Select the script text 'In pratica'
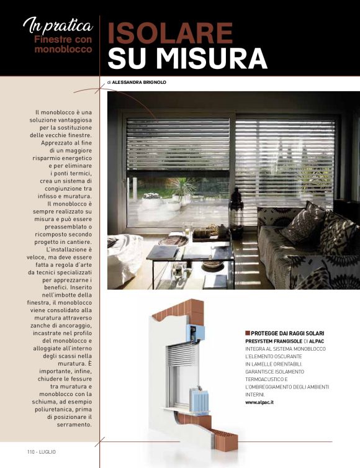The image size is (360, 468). pos(58,25)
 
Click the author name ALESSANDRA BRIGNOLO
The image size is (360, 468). pos(139,82)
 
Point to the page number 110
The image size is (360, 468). pos(32,451)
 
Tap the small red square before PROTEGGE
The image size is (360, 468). pos(248,333)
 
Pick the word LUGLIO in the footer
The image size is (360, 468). pos(48,451)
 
